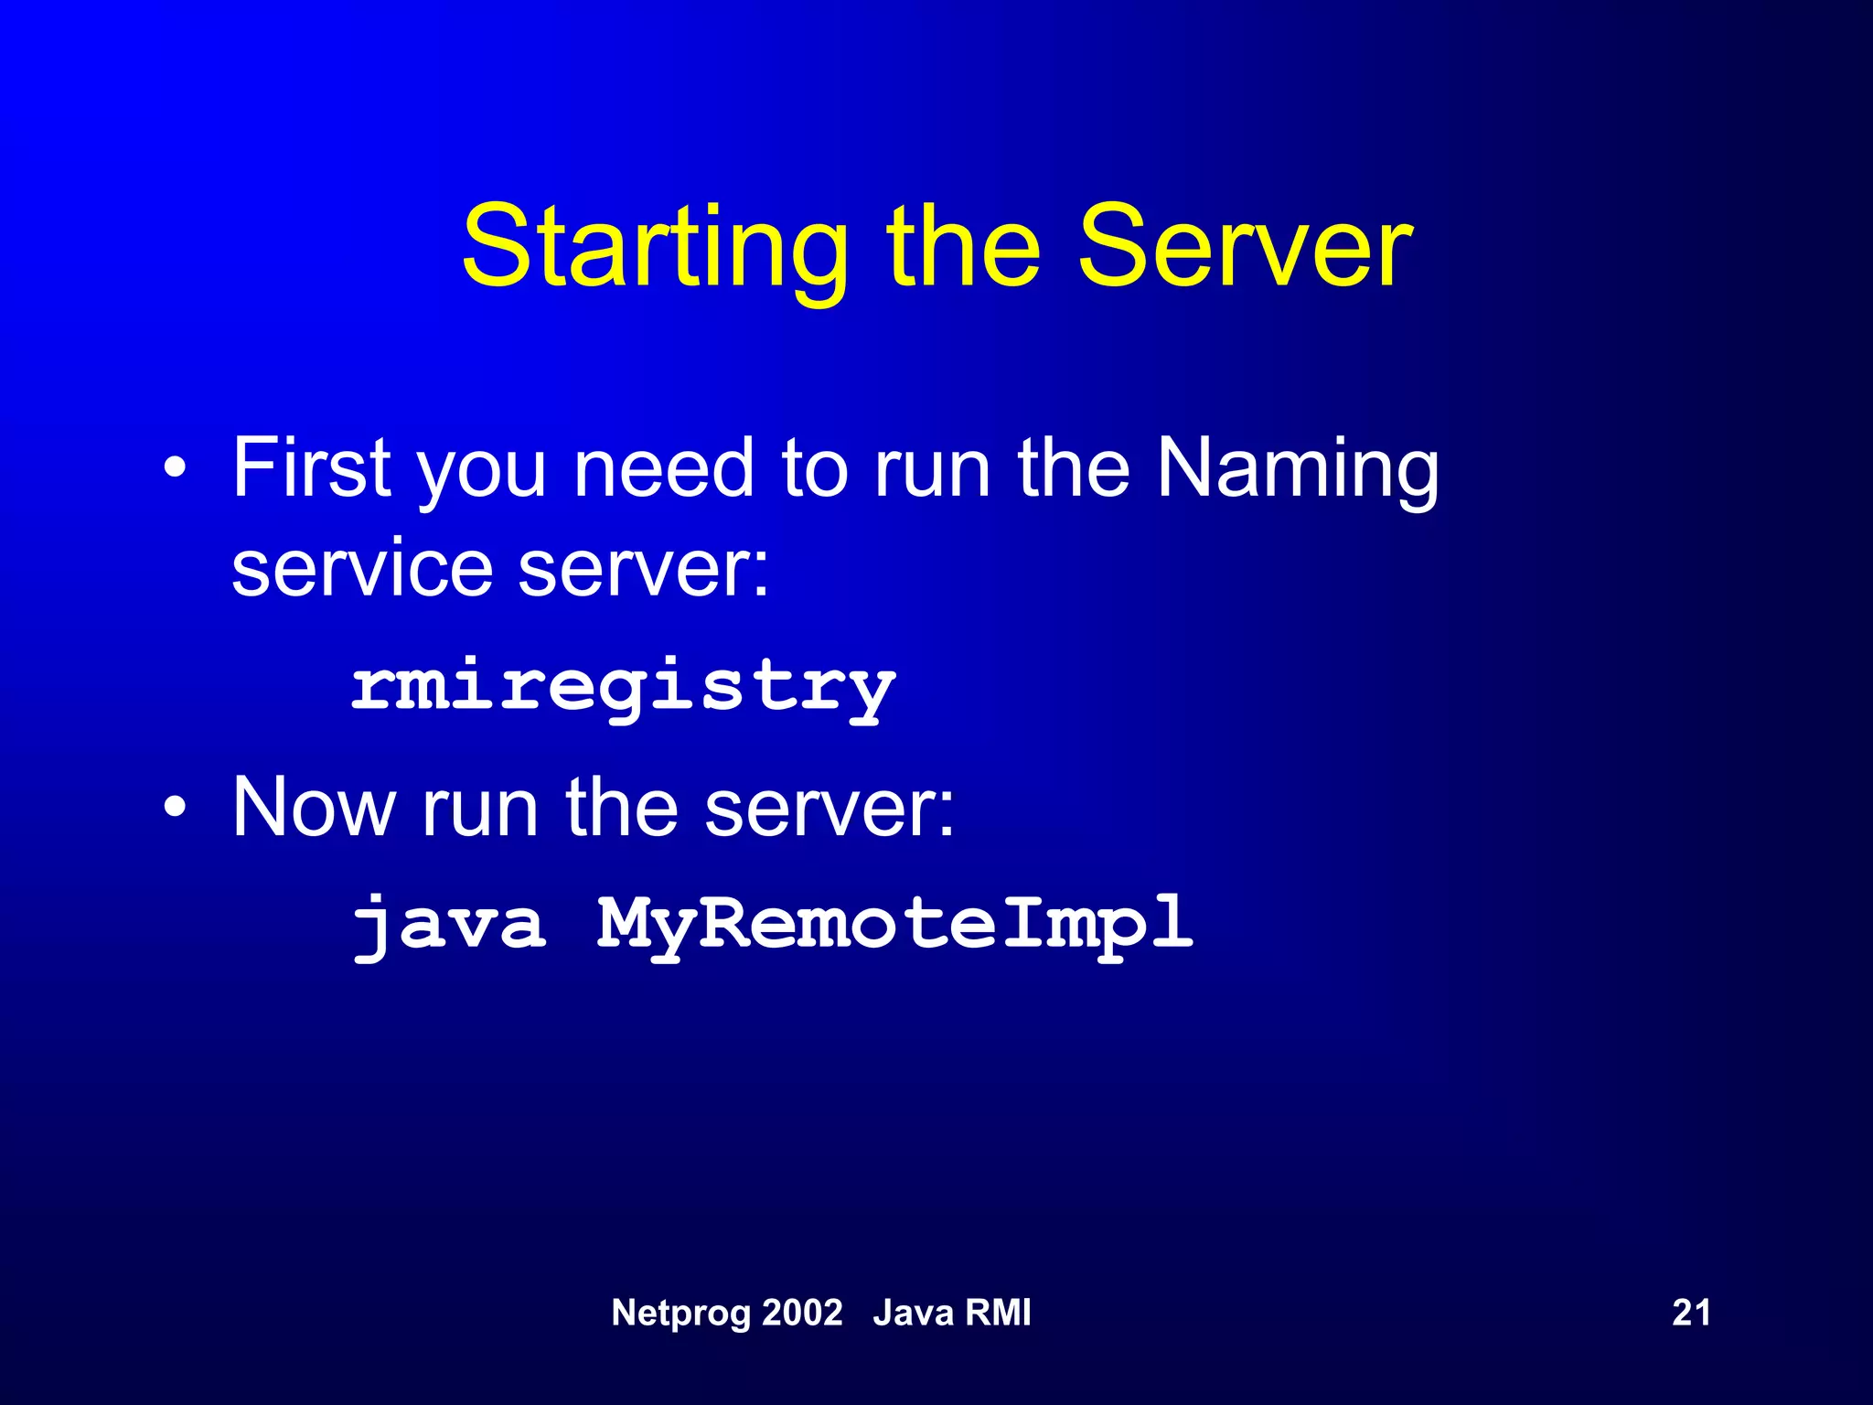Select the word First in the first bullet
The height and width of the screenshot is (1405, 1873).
[312, 468]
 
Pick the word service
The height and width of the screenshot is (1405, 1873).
[362, 569]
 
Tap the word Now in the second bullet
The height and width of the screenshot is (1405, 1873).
[314, 807]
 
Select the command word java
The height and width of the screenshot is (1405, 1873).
[450, 924]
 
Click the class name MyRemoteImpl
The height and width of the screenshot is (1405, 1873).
[894, 924]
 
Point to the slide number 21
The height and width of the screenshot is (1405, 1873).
[1691, 1313]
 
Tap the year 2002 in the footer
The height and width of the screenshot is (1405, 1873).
[802, 1313]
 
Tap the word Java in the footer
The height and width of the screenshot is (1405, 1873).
[912, 1313]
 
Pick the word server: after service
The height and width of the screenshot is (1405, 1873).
[643, 569]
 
